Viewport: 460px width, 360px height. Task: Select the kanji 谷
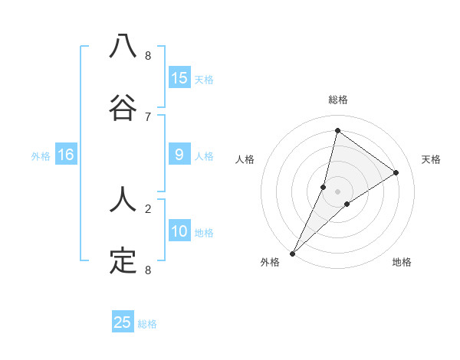point(123,108)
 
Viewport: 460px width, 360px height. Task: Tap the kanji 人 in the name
point(123,201)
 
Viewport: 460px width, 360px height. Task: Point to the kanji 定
point(123,261)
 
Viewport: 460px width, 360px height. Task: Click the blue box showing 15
point(179,78)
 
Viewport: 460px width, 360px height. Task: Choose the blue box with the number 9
point(179,155)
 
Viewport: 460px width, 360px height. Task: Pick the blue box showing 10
point(179,231)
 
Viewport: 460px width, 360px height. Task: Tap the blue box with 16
point(66,155)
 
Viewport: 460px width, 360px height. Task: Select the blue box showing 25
point(123,322)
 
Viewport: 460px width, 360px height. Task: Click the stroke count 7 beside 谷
point(148,116)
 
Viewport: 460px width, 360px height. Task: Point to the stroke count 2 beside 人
point(148,208)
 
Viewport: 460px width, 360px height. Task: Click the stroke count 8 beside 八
point(148,56)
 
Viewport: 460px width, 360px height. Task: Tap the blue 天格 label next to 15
point(204,79)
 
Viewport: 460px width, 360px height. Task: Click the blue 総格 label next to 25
point(147,324)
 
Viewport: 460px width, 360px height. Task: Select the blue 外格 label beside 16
point(41,155)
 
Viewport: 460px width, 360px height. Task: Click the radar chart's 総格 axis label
point(337,100)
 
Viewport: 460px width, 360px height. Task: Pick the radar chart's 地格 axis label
point(402,263)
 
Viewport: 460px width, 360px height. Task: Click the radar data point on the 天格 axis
point(396,172)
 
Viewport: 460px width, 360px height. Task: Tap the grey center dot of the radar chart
point(337,191)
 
